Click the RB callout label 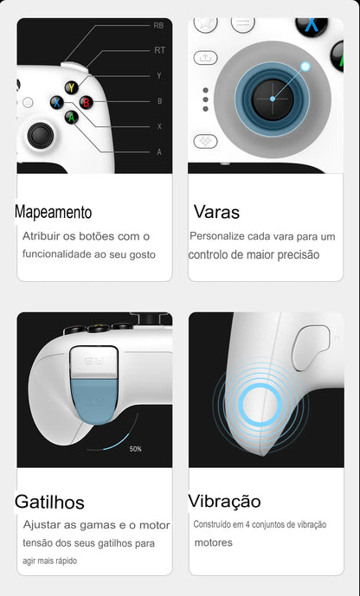pos(158,26)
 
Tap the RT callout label pos(159,50)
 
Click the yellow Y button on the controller pos(70,87)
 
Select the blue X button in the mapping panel pos(55,102)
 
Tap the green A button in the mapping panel pos(70,117)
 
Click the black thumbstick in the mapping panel pos(39,134)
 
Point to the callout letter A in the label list pos(158,151)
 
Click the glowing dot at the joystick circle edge pos(305,66)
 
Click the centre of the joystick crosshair pos(272,99)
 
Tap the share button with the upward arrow pos(205,57)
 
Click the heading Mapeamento pos(53,212)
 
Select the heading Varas pos(216,212)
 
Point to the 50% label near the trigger pos(136,449)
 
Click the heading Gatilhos pos(49,502)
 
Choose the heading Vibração pos(224,502)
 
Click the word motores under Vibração pos(213,542)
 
